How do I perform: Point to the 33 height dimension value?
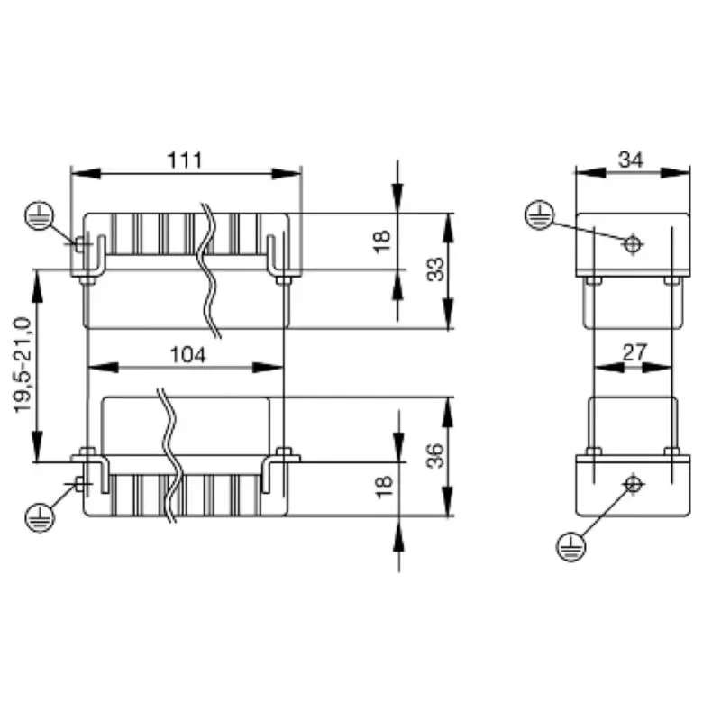(x=436, y=269)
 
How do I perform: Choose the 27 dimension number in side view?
(x=634, y=352)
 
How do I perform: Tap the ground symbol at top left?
(x=40, y=214)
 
